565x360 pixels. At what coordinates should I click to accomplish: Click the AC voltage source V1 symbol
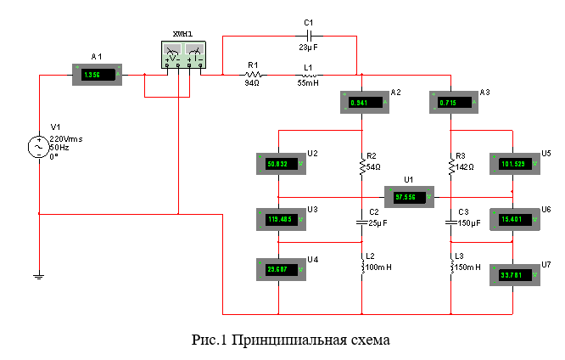(x=38, y=148)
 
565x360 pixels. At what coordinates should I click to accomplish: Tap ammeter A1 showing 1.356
(x=96, y=75)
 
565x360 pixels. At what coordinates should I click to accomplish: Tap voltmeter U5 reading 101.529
(x=513, y=165)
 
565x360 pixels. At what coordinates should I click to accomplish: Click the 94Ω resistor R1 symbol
(x=252, y=75)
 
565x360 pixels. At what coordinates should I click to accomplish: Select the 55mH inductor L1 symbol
(x=307, y=75)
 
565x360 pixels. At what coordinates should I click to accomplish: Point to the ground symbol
(x=38, y=274)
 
